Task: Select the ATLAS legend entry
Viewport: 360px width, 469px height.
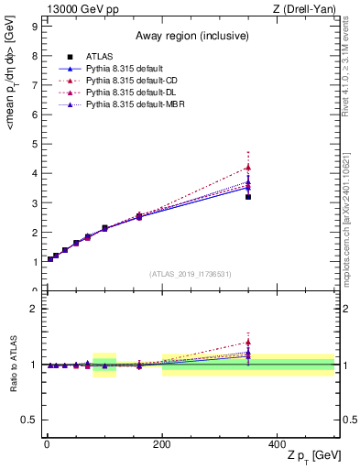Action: click(x=101, y=57)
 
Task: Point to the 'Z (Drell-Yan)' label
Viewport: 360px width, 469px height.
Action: click(x=309, y=8)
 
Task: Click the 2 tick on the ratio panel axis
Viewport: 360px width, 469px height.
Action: click(x=34, y=309)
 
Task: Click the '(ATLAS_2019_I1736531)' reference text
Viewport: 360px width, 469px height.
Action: click(x=190, y=274)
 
